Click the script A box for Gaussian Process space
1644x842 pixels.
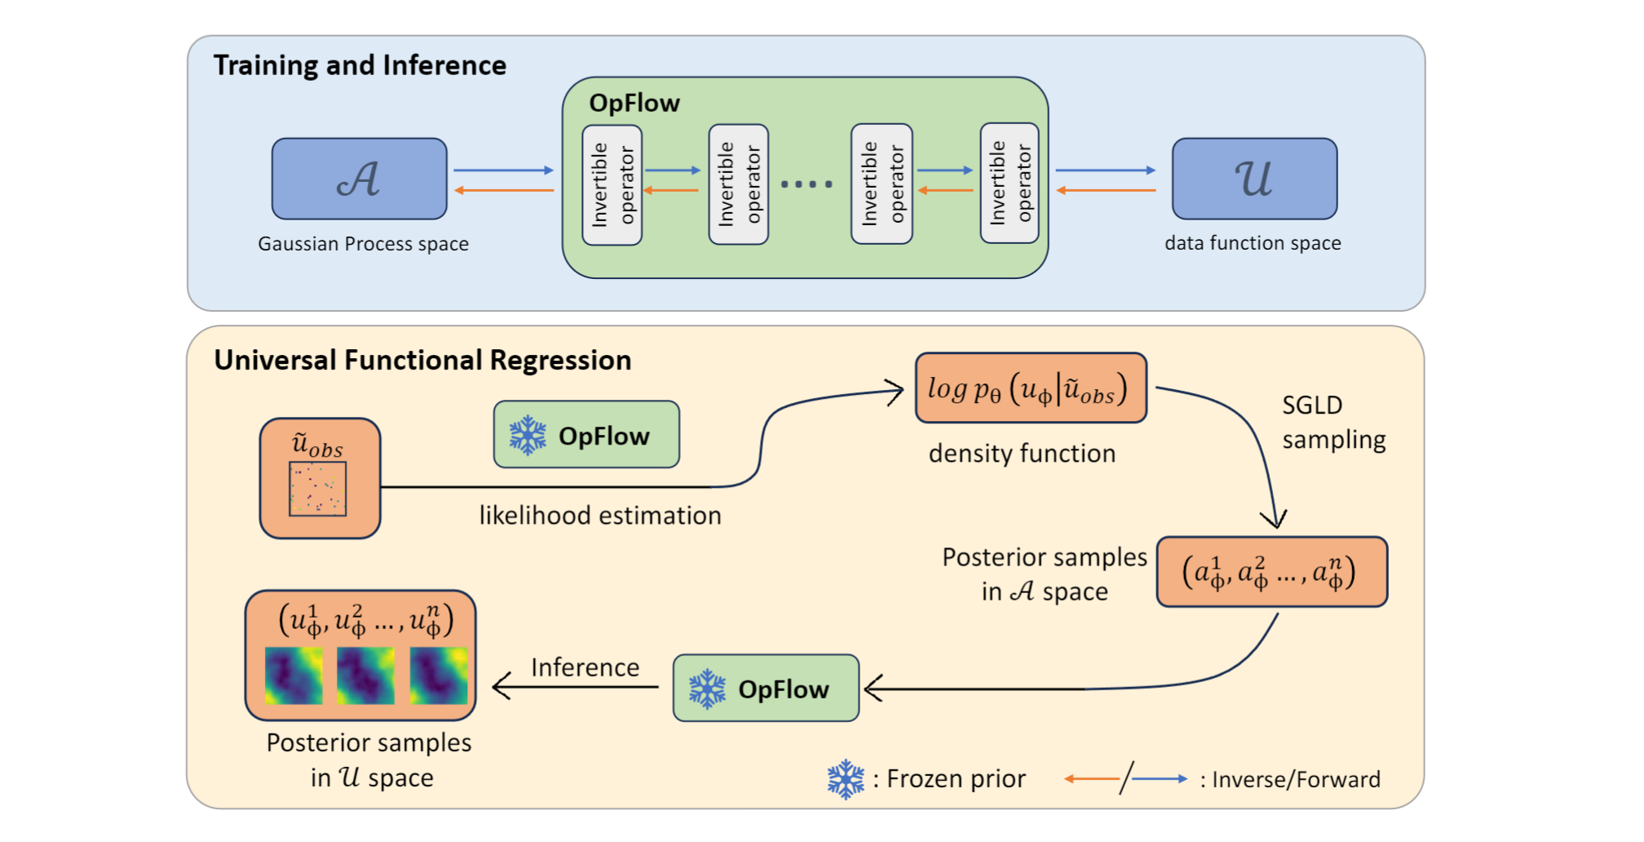pyautogui.click(x=359, y=179)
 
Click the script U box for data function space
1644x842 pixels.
pyautogui.click(x=1254, y=179)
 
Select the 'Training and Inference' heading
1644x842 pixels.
pyautogui.click(x=360, y=65)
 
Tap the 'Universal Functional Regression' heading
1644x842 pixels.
pyautogui.click(x=422, y=360)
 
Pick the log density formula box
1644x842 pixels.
pyautogui.click(x=1031, y=388)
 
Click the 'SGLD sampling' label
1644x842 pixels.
pyautogui.click(x=1332, y=423)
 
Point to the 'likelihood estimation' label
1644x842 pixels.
pyautogui.click(x=600, y=516)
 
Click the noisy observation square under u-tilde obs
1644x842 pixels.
pyautogui.click(x=318, y=489)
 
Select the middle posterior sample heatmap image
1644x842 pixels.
pyautogui.click(x=365, y=676)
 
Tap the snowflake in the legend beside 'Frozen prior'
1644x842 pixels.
pyautogui.click(x=846, y=779)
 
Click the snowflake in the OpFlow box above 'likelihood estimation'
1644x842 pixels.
pyautogui.click(x=528, y=436)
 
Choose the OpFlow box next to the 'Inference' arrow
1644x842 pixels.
pyautogui.click(x=766, y=689)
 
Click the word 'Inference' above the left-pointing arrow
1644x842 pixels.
pyautogui.click(x=585, y=667)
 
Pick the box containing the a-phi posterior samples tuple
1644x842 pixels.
pyautogui.click(x=1271, y=572)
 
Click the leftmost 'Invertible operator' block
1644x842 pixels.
pyautogui.click(x=612, y=184)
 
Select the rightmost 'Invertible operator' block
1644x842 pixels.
pyautogui.click(x=1010, y=184)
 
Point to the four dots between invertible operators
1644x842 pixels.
pyautogui.click(x=807, y=184)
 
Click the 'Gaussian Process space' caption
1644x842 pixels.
pyautogui.click(x=363, y=244)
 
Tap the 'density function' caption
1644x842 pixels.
pyautogui.click(x=1022, y=454)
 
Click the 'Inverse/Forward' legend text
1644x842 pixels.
pyautogui.click(x=1296, y=780)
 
